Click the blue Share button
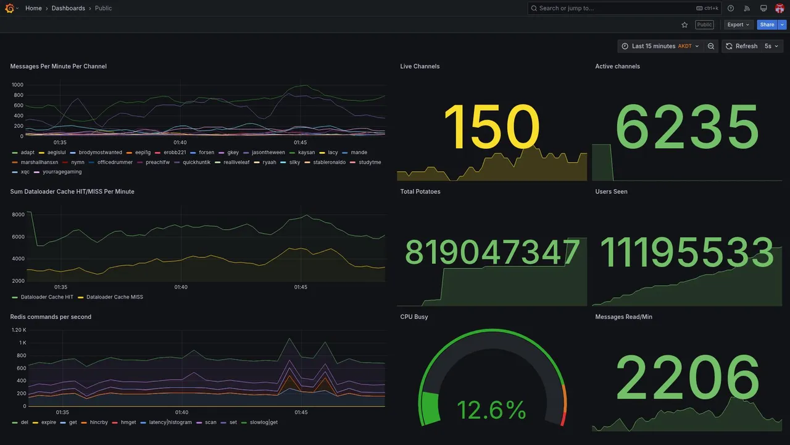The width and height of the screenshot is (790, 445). [x=767, y=25]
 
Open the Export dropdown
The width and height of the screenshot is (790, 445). [x=738, y=25]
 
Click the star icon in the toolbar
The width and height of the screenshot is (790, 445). [x=684, y=25]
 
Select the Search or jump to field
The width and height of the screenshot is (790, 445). [x=611, y=8]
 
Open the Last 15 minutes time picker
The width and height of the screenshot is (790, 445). [x=660, y=46]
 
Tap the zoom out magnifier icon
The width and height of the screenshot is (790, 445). [x=711, y=46]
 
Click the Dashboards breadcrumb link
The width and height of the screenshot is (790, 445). [x=69, y=8]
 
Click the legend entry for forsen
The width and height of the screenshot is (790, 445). [x=206, y=153]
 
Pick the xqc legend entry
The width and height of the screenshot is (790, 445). [x=25, y=172]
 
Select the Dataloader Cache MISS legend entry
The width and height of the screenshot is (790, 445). [x=114, y=297]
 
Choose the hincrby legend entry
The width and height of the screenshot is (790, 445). [x=99, y=423]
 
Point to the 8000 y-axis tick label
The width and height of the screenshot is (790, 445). [x=18, y=214]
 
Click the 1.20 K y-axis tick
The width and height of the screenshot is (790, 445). [x=19, y=330]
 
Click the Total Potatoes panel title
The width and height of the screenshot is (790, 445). [x=420, y=192]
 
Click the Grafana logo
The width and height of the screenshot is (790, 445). [x=10, y=8]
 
